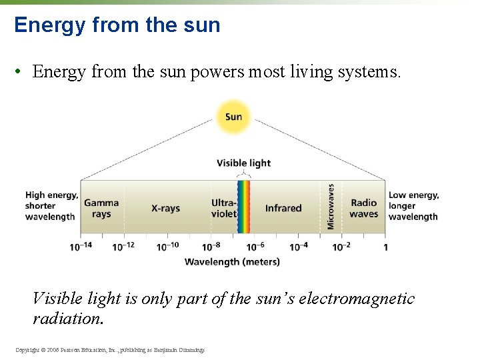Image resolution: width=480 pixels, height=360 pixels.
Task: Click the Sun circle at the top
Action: (233, 117)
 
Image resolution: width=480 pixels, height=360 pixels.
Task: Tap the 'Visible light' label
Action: (244, 163)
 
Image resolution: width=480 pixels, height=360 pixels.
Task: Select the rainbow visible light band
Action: (244, 207)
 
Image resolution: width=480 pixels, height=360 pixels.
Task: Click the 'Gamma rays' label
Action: (101, 208)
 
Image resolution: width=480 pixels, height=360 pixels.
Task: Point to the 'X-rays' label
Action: (165, 208)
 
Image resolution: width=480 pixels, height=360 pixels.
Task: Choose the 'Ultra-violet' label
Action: (224, 208)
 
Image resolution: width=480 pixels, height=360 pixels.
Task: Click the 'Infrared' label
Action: (283, 208)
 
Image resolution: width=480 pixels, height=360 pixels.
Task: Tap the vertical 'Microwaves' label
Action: (331, 207)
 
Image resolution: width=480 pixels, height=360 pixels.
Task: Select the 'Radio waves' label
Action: (363, 208)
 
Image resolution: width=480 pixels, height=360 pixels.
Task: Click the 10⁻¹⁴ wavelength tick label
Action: (81, 247)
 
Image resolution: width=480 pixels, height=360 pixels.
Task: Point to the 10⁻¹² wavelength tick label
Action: (123, 247)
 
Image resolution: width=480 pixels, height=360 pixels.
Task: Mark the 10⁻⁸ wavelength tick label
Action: (210, 247)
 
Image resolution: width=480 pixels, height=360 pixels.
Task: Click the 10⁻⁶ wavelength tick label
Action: (254, 247)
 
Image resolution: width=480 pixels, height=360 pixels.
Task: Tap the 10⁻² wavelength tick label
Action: (341, 247)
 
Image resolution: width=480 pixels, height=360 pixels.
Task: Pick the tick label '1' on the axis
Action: (385, 247)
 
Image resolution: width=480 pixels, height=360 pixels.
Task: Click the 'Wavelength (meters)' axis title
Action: (232, 262)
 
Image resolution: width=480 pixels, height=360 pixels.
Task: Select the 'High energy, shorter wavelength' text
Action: (51, 206)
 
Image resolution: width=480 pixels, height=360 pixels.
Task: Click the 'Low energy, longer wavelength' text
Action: (413, 206)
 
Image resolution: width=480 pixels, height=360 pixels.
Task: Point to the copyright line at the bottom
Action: (109, 350)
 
